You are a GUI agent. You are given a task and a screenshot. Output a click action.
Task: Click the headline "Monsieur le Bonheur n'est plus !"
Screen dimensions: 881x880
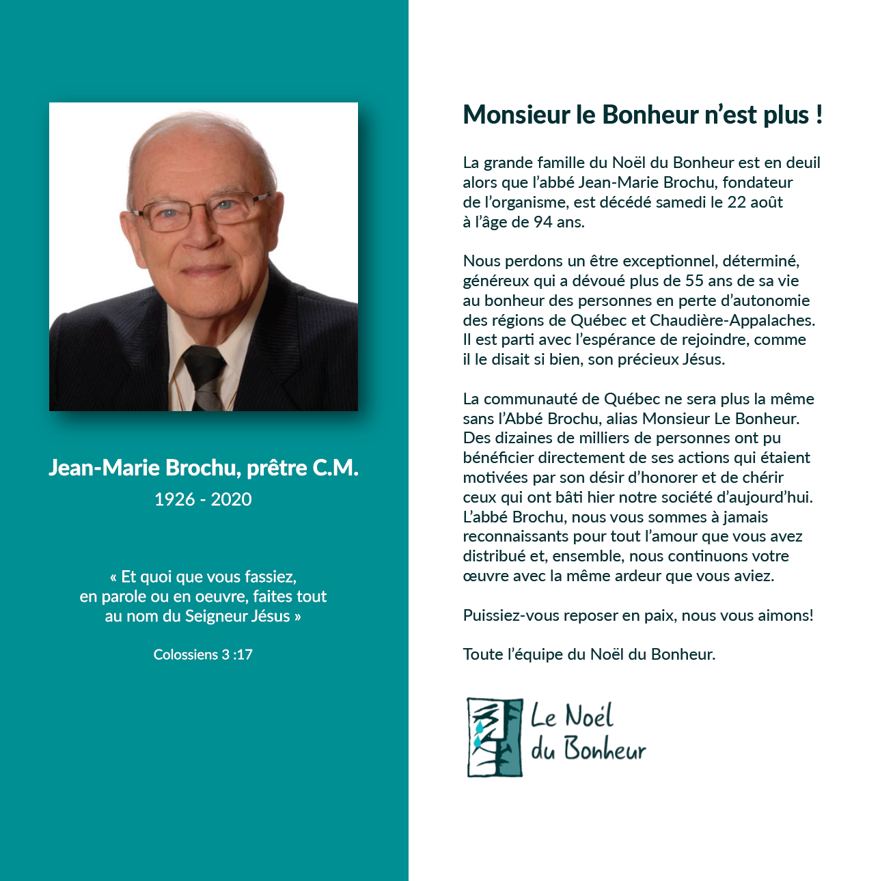click(x=642, y=115)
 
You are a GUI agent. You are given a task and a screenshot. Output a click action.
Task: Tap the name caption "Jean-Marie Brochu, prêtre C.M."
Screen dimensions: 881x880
click(x=203, y=468)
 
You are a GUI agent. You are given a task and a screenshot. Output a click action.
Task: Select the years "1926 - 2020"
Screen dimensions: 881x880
click(x=203, y=499)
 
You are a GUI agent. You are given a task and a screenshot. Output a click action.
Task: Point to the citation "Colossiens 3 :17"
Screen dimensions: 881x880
click(x=203, y=654)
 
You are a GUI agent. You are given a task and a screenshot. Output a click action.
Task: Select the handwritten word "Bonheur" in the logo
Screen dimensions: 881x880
click(x=605, y=750)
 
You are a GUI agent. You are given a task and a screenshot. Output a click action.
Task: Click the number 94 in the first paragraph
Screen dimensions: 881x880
click(x=543, y=222)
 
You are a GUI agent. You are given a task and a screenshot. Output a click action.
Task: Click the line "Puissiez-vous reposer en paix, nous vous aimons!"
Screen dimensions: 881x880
click(x=638, y=615)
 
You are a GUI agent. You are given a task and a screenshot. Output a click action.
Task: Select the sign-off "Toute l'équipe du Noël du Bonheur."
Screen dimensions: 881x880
click(x=589, y=654)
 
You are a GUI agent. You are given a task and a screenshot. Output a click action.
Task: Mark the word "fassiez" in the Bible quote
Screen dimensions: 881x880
click(x=271, y=577)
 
